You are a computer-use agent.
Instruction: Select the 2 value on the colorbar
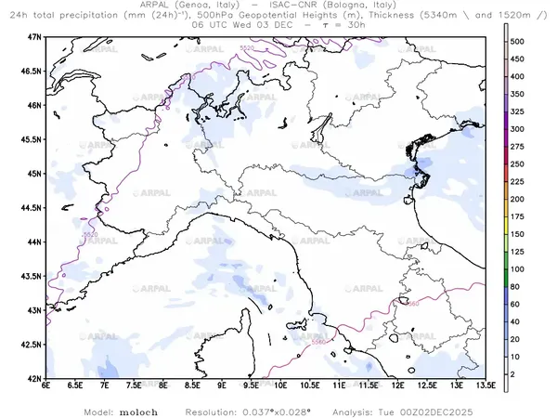pos(521,373)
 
